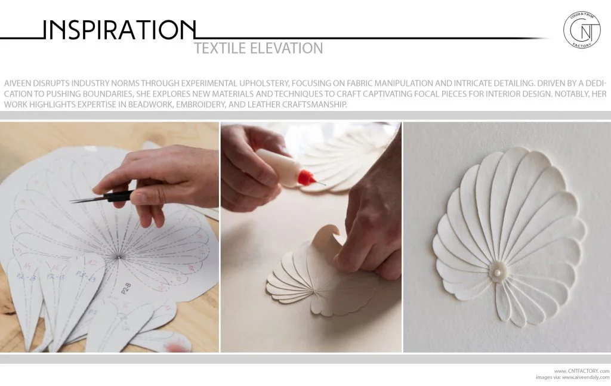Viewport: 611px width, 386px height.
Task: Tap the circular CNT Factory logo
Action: click(582, 29)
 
